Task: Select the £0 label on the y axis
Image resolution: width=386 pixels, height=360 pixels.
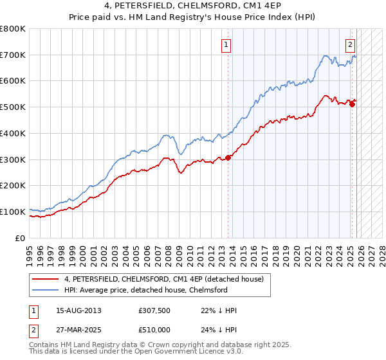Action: pos(20,238)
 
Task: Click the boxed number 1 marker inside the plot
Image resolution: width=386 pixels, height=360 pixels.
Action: pos(226,44)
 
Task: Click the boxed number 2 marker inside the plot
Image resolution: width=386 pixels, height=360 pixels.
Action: pos(350,44)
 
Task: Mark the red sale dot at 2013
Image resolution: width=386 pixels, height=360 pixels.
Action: pos(228,157)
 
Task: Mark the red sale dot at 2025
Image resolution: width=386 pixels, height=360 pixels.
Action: pos(352,105)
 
